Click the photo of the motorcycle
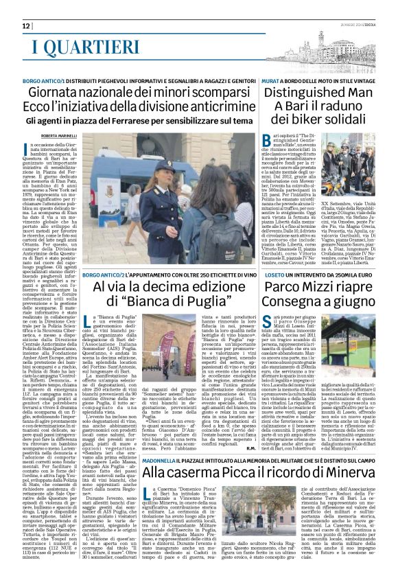click(x=328, y=186)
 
